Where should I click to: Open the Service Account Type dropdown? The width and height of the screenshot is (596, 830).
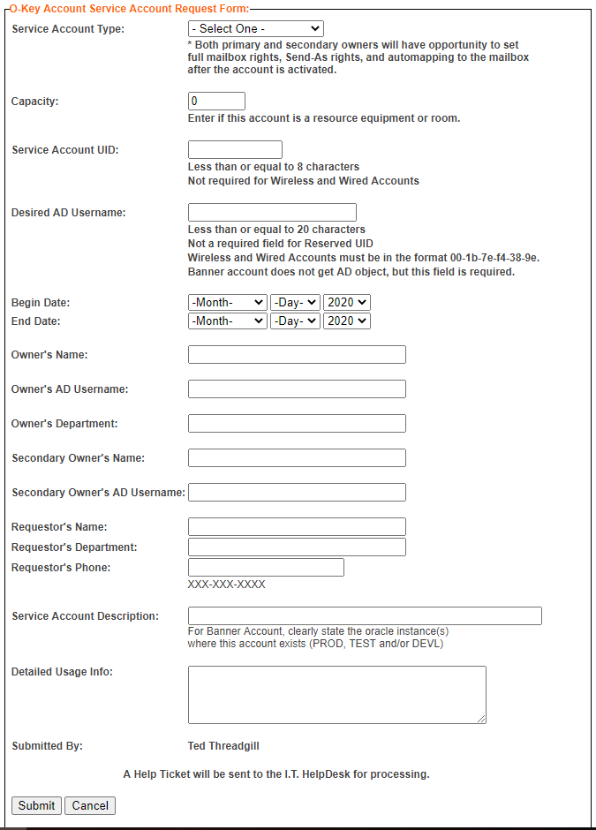[256, 29]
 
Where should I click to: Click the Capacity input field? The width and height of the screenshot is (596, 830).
[216, 102]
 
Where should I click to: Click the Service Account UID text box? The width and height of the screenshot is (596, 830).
[235, 150]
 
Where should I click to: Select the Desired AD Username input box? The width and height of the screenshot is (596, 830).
[272, 213]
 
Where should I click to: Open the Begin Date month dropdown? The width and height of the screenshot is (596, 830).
[227, 302]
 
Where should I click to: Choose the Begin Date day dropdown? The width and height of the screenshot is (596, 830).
[295, 302]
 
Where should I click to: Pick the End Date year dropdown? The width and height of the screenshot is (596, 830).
[347, 321]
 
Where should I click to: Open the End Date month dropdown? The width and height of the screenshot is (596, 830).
[227, 321]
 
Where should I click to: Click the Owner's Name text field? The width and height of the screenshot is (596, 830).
[297, 355]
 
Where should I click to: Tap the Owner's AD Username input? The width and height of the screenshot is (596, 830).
[297, 389]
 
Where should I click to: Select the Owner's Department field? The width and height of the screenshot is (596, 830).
[297, 424]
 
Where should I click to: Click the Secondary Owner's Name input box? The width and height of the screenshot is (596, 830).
[297, 458]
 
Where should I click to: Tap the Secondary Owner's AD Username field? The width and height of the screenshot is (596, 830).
[297, 493]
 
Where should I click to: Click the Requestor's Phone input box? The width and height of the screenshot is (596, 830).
[266, 568]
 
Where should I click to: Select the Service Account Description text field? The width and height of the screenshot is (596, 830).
[365, 616]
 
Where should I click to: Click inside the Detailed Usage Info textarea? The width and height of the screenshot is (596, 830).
[336, 695]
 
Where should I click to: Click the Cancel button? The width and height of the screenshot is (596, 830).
[90, 805]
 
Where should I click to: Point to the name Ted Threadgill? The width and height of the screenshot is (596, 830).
[223, 746]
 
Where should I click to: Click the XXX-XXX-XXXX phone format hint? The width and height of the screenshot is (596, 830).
[226, 585]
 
